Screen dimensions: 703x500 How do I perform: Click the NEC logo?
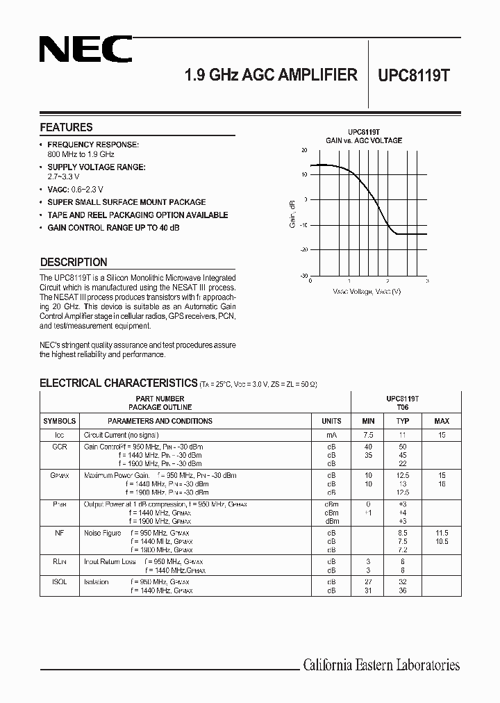(85, 50)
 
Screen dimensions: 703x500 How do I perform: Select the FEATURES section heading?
(66, 127)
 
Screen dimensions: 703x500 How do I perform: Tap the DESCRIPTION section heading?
(74, 262)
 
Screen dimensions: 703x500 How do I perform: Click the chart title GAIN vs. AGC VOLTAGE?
(364, 140)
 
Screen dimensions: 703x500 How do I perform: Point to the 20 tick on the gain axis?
(304, 149)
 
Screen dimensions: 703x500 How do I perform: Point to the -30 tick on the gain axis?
(303, 275)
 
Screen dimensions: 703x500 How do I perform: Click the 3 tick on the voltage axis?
(426, 281)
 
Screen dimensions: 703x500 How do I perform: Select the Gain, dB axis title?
(292, 213)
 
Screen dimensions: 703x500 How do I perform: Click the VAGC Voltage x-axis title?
(366, 291)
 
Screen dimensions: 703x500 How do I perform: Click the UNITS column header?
(331, 421)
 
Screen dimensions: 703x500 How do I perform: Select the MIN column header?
(368, 421)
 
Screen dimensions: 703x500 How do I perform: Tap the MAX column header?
(442, 421)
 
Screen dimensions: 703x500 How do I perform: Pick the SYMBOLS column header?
(60, 421)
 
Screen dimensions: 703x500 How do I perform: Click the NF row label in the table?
(60, 533)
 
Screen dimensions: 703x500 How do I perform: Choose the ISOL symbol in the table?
(60, 581)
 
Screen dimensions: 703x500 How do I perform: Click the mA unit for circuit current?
(331, 434)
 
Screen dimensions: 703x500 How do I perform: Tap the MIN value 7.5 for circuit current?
(368, 434)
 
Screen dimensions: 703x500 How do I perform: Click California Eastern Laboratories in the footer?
(381, 665)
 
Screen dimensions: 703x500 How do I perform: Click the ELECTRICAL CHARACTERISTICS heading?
(118, 383)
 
